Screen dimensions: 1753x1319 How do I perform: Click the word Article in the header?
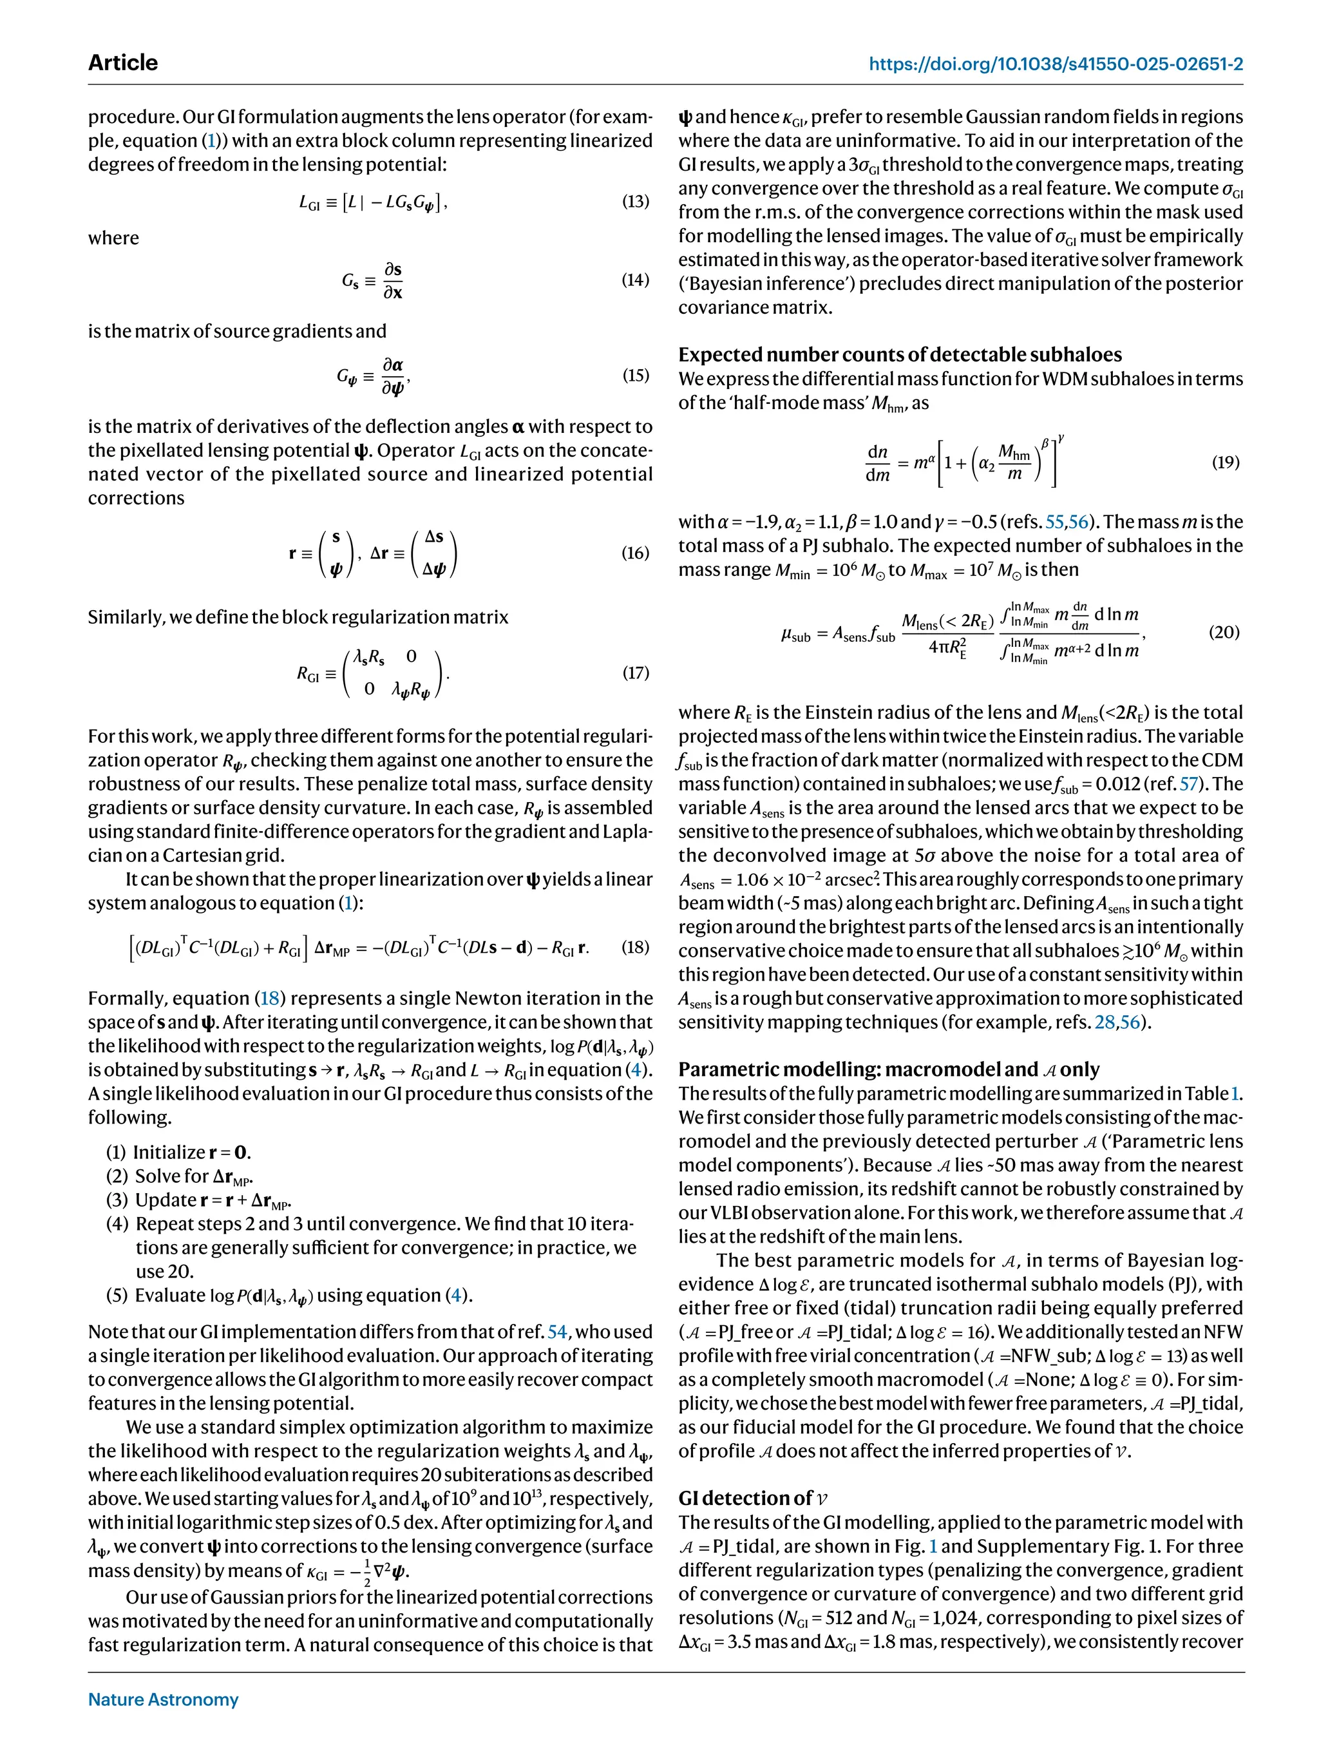[x=123, y=63]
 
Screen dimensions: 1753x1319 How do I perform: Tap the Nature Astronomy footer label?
[x=163, y=1699]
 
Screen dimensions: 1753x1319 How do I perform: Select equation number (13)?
[x=635, y=201]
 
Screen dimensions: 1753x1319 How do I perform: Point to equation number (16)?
[x=635, y=552]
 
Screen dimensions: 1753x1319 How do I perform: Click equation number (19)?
[x=1226, y=462]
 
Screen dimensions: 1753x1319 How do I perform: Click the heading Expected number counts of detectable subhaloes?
[x=900, y=354]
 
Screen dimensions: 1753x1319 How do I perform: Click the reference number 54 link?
[x=557, y=1332]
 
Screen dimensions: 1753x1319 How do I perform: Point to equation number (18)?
[x=635, y=947]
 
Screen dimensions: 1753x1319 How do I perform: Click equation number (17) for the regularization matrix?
[x=635, y=673]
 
